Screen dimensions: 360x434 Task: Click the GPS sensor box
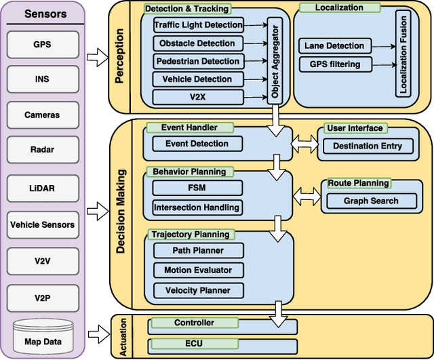coord(42,45)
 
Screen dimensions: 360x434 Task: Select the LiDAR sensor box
coord(42,188)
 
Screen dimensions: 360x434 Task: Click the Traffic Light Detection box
coord(198,25)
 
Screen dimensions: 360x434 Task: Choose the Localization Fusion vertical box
coord(403,55)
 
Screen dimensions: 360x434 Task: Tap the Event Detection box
coord(197,144)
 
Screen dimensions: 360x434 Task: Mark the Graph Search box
coord(371,201)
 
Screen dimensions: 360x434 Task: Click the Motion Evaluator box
coord(197,270)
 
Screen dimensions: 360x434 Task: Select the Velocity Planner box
coord(197,290)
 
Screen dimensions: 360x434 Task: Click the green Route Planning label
coord(359,183)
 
